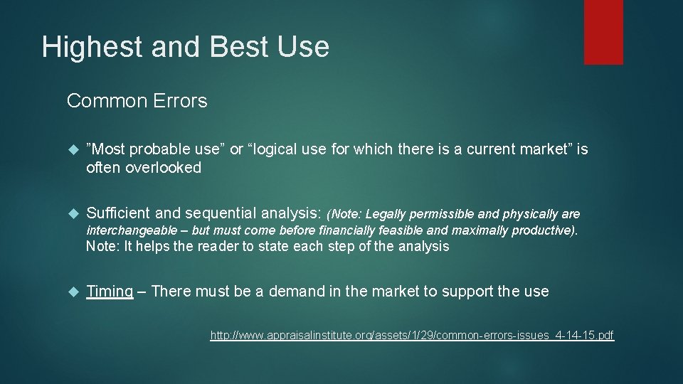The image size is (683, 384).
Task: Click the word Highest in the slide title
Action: [80, 47]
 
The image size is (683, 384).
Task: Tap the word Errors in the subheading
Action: [180, 101]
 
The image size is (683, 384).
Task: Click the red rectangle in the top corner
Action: [603, 32]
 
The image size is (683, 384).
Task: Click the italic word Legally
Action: [387, 214]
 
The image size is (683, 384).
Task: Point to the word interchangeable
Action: [127, 230]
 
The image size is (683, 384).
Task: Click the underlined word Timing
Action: [110, 291]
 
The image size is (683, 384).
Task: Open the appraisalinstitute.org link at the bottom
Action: [412, 335]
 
